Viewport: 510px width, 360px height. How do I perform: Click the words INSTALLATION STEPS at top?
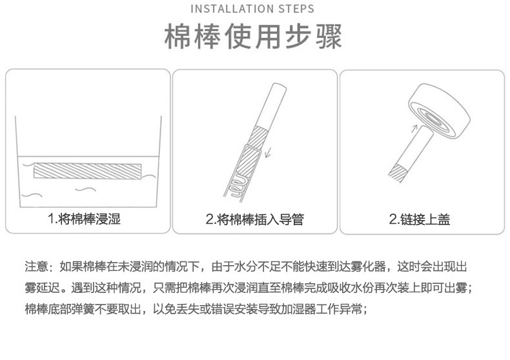[x=254, y=9]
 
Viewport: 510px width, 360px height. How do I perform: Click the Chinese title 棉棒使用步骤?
[x=254, y=37]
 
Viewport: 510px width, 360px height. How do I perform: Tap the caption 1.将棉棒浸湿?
[x=84, y=219]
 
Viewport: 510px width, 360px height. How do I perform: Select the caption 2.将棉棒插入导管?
[x=254, y=219]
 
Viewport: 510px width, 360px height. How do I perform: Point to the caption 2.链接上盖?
[x=419, y=219]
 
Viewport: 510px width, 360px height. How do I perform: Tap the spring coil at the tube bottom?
[x=236, y=186]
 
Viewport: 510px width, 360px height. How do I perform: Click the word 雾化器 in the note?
[x=369, y=266]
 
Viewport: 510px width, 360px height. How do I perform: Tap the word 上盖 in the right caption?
[x=438, y=219]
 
